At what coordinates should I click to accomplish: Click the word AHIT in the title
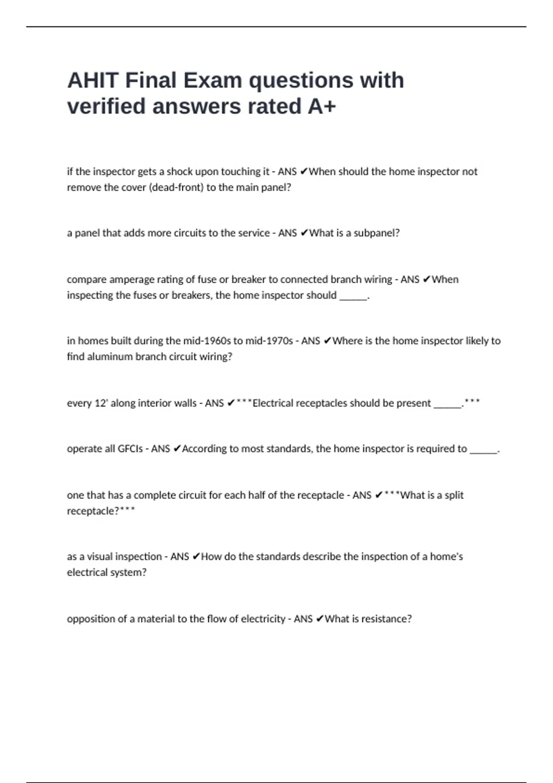coord(93,81)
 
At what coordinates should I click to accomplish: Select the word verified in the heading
coord(106,106)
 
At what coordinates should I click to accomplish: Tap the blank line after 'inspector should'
coord(353,296)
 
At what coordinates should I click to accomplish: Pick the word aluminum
coord(100,357)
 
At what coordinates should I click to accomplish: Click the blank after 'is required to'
coord(483,450)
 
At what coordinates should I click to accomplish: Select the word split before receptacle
coord(454,495)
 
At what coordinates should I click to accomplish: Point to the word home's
coord(446,557)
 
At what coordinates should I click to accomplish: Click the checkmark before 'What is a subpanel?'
coord(304,233)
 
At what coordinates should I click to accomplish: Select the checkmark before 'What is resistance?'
coord(320,619)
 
